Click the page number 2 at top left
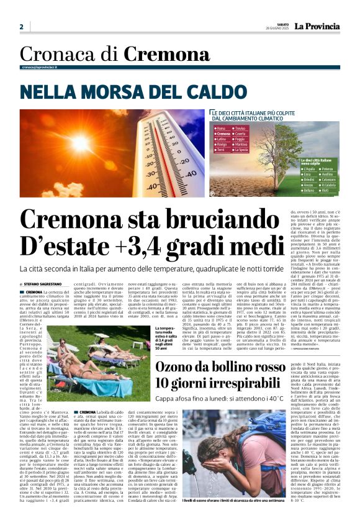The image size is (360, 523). click(x=21, y=27)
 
